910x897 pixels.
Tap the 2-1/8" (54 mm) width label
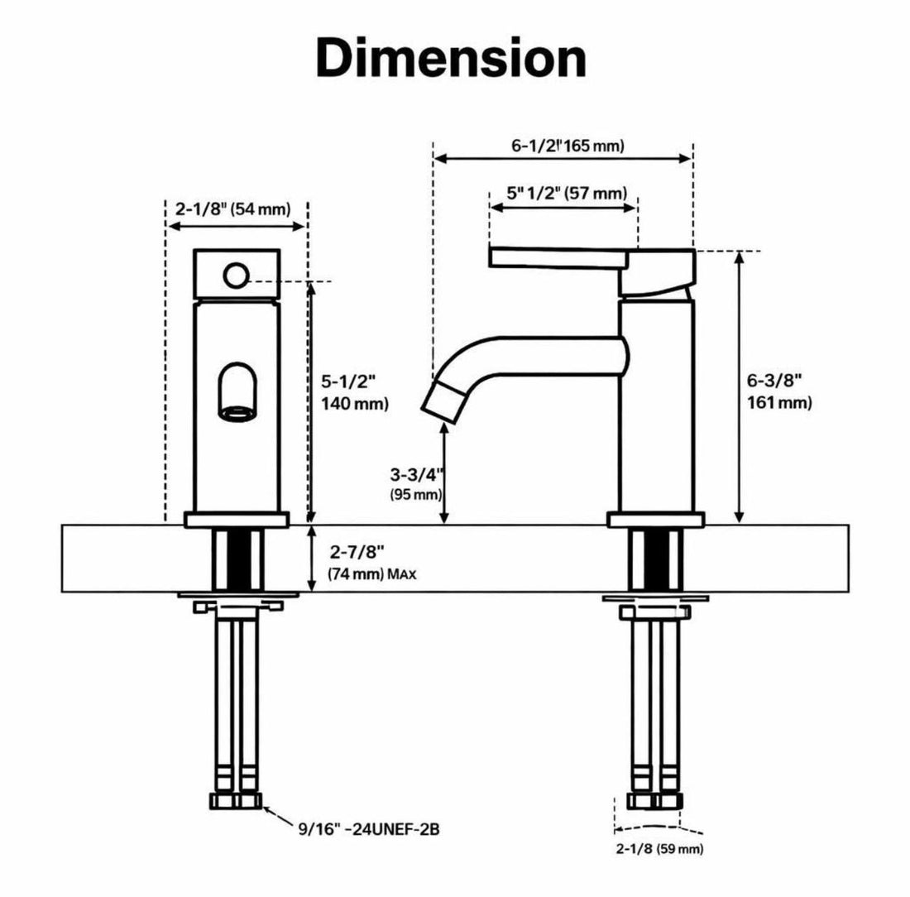pyautogui.click(x=232, y=209)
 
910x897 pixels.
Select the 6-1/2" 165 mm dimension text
pyautogui.click(x=568, y=145)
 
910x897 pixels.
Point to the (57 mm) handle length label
pyautogui.click(x=596, y=193)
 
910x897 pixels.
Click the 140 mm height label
pyautogui.click(x=355, y=403)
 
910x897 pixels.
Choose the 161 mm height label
pyautogui.click(x=778, y=402)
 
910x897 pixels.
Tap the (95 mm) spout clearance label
pyautogui.click(x=415, y=495)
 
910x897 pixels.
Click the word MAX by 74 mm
pyautogui.click(x=401, y=574)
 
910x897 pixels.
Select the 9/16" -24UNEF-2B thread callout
pyautogui.click(x=369, y=829)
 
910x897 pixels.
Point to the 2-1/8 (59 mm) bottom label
pyautogui.click(x=659, y=849)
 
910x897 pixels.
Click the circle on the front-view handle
pyautogui.click(x=237, y=276)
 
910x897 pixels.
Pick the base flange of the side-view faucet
pyautogui.click(x=656, y=520)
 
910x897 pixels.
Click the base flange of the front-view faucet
pyautogui.click(x=237, y=520)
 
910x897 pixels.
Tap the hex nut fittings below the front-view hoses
pyautogui.click(x=236, y=801)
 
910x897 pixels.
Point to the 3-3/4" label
pyautogui.click(x=416, y=474)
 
